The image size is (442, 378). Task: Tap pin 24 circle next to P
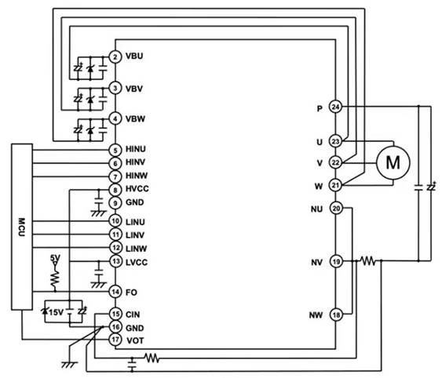[x=335, y=107]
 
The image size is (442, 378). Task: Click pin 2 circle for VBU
[x=115, y=57]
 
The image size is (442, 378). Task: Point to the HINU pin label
[x=136, y=149]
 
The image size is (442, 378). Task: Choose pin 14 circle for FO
[x=115, y=292]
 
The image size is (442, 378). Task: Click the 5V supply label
[x=55, y=258]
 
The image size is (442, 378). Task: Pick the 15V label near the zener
[x=57, y=312]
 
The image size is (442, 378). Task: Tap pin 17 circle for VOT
[x=115, y=340]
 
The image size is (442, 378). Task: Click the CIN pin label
[x=133, y=314]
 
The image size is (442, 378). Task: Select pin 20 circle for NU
[x=336, y=209]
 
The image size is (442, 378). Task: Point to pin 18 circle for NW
[x=336, y=315]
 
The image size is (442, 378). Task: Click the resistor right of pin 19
[x=368, y=261]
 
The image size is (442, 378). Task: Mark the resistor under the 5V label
[x=55, y=278]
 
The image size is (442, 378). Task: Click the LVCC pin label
[x=137, y=263]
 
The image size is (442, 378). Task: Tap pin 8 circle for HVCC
[x=115, y=190]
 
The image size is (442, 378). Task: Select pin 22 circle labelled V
[x=335, y=162]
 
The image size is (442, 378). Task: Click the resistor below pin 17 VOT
[x=152, y=358]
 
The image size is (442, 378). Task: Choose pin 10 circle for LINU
[x=115, y=221]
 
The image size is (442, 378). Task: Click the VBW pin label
[x=135, y=119]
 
